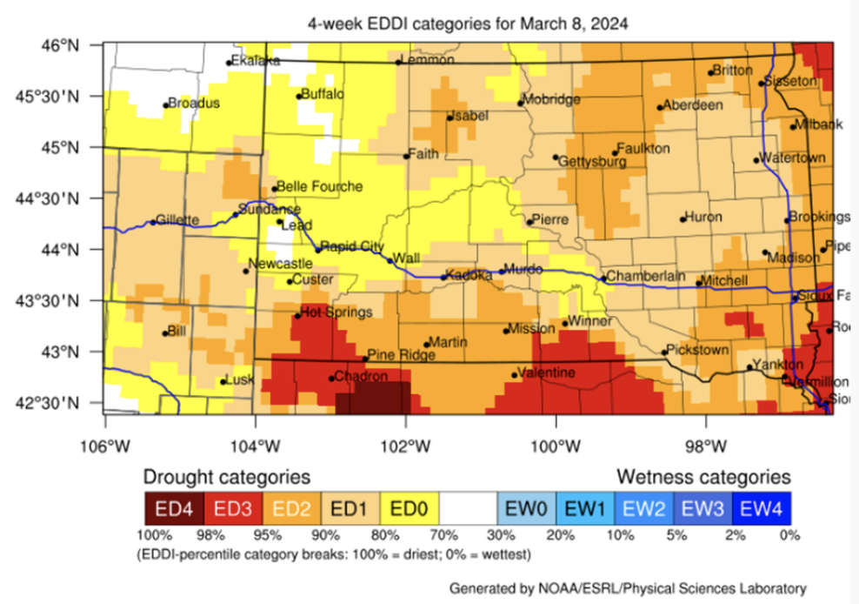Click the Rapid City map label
pyautogui.click(x=352, y=246)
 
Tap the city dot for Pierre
pyautogui.click(x=529, y=222)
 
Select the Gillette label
pyautogui.click(x=178, y=219)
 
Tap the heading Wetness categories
pyautogui.click(x=704, y=477)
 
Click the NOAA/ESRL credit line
pyautogui.click(x=628, y=587)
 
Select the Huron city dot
pyautogui.click(x=683, y=219)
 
